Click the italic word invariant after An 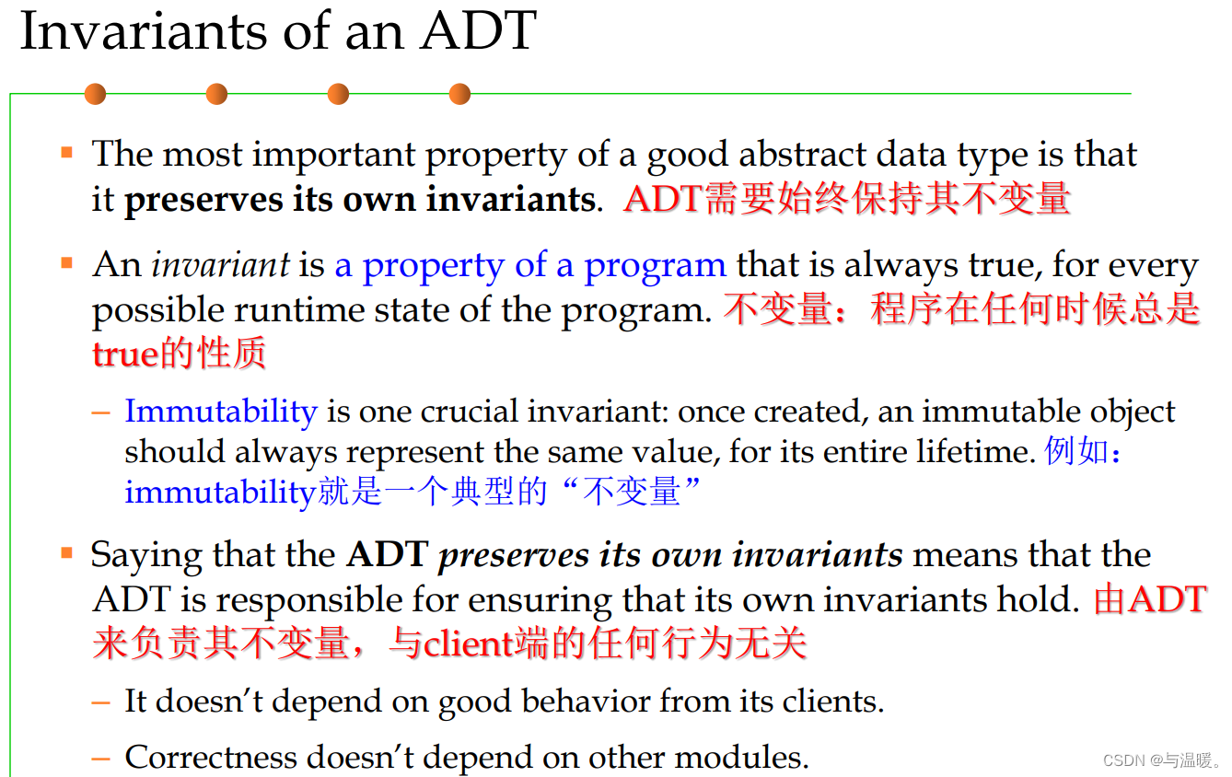click(221, 266)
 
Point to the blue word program click(655, 266)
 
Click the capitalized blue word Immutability click(221, 411)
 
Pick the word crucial click(473, 411)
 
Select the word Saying click(147, 555)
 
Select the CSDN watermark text click(1161, 760)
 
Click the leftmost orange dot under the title click(95, 94)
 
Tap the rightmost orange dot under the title click(459, 94)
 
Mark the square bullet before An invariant click(66, 264)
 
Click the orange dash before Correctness click(102, 758)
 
